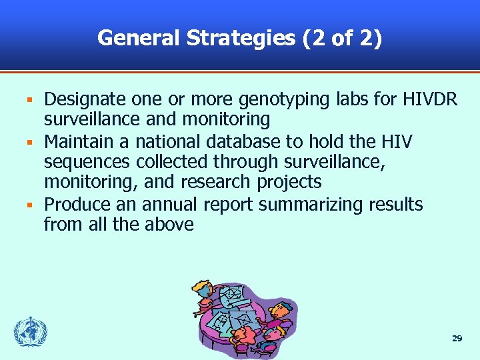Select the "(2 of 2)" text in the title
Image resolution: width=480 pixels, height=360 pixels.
click(342, 38)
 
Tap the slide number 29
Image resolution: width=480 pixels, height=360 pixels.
click(457, 339)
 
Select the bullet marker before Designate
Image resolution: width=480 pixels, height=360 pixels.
click(29, 101)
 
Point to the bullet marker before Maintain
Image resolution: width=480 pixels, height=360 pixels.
click(29, 142)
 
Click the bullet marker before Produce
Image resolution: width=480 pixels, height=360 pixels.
click(29, 205)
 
